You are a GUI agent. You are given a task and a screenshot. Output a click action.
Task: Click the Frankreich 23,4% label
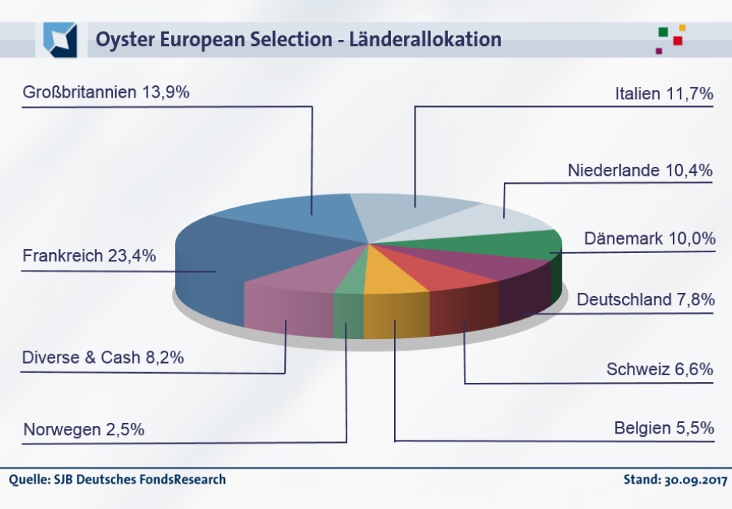[89, 255]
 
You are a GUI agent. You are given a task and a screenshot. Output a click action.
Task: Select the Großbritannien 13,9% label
[106, 93]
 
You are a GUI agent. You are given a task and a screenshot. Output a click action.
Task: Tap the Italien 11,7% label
[664, 94]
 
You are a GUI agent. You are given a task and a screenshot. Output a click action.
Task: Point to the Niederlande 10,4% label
[641, 170]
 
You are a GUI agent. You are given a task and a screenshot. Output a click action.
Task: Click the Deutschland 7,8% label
[645, 299]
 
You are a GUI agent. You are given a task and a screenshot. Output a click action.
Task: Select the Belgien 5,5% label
[664, 427]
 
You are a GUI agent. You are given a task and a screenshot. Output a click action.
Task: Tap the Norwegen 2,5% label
[84, 430]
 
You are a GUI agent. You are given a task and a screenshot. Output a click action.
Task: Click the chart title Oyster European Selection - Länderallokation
[298, 39]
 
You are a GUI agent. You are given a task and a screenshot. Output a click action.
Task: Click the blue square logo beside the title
[60, 39]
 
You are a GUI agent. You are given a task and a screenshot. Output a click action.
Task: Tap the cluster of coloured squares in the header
[670, 39]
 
